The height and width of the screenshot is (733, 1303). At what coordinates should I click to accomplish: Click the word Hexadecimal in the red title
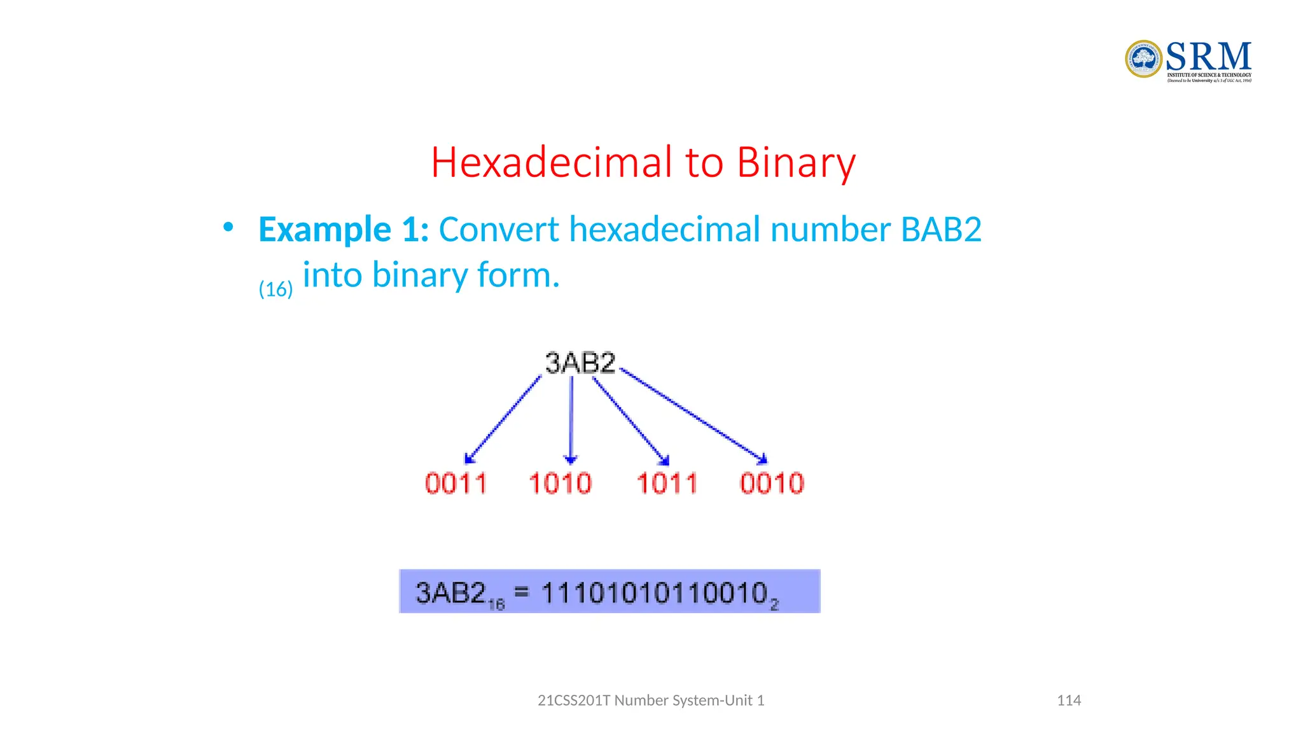551,162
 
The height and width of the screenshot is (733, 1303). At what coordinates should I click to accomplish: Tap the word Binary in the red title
796,164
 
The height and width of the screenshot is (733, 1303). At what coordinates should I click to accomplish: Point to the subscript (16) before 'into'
275,290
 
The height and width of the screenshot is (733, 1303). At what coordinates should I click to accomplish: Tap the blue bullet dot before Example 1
228,227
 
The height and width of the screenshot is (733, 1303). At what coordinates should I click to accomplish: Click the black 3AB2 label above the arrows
580,363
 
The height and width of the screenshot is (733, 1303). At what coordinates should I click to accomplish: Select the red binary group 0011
456,484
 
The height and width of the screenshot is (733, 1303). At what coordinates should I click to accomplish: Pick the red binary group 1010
560,484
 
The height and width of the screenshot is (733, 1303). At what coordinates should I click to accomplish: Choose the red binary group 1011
667,484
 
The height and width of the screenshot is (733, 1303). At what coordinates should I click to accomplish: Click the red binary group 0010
772,484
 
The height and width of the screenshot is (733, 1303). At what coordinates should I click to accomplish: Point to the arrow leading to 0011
503,420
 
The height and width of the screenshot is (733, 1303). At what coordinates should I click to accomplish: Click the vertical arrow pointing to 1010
571,420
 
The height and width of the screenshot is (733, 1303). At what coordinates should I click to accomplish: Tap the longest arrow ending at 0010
693,415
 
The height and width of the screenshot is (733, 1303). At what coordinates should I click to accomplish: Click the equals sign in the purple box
522,592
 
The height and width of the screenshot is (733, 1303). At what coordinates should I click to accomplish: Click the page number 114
1069,701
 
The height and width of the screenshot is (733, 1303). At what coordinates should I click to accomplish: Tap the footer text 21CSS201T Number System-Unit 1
651,701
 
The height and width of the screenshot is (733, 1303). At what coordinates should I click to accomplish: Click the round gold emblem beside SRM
1143,59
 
